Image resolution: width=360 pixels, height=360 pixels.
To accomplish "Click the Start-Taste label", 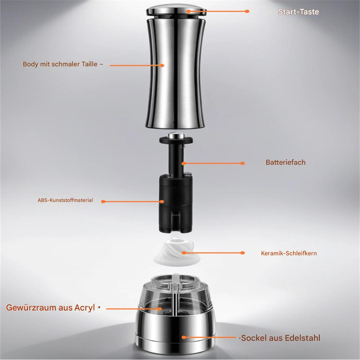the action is (x=298, y=12).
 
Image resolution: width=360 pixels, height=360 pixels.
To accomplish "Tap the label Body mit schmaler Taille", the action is (x=60, y=64).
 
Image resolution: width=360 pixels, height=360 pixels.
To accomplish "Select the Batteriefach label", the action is (x=286, y=162).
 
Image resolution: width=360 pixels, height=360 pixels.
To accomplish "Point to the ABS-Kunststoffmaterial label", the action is (x=65, y=200).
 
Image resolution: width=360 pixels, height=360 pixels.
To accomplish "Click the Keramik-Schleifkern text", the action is (x=289, y=253).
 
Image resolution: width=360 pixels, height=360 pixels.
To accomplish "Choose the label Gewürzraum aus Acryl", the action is (x=50, y=308).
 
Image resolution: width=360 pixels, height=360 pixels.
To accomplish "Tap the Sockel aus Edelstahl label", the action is (x=280, y=338).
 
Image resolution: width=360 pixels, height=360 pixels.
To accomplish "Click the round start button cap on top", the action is (x=176, y=10).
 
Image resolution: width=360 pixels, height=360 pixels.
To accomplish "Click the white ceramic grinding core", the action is (x=176, y=252).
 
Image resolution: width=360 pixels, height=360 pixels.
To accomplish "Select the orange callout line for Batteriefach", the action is (x=213, y=163).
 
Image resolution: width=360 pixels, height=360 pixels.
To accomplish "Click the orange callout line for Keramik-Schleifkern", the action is (x=213, y=253).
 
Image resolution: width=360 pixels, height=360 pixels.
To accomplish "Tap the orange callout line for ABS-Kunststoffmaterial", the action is (x=133, y=202).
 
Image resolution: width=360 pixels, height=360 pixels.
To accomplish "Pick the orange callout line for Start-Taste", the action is (x=217, y=11).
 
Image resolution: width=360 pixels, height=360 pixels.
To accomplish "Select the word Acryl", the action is (x=85, y=308).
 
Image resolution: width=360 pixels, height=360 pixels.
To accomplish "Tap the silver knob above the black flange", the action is (x=176, y=135).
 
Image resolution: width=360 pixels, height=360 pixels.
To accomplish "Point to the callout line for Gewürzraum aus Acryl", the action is (x=134, y=309).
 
